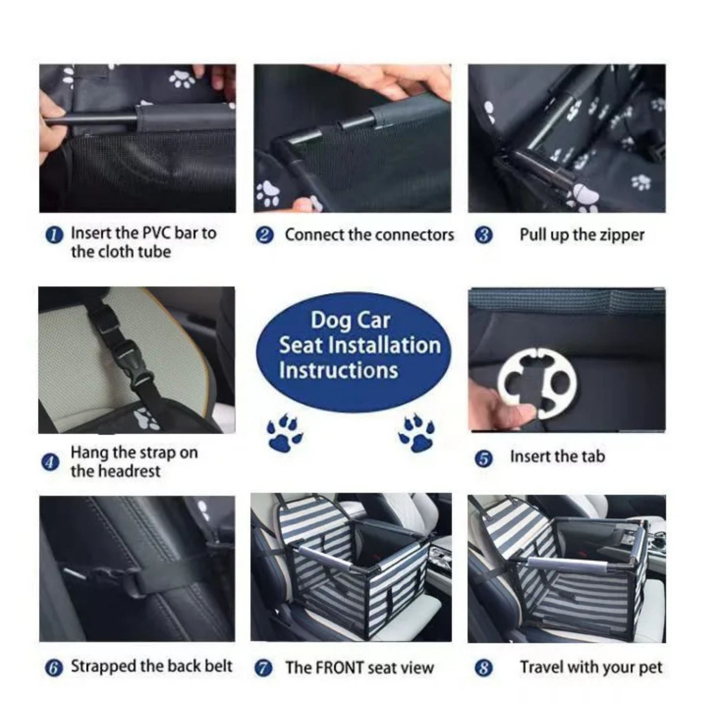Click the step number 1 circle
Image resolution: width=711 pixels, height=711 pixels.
[x=54, y=235]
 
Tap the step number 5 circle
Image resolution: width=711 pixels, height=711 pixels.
[x=484, y=458]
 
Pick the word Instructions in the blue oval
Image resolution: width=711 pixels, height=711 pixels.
[x=338, y=370]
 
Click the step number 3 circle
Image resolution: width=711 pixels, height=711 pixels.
[x=484, y=235]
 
